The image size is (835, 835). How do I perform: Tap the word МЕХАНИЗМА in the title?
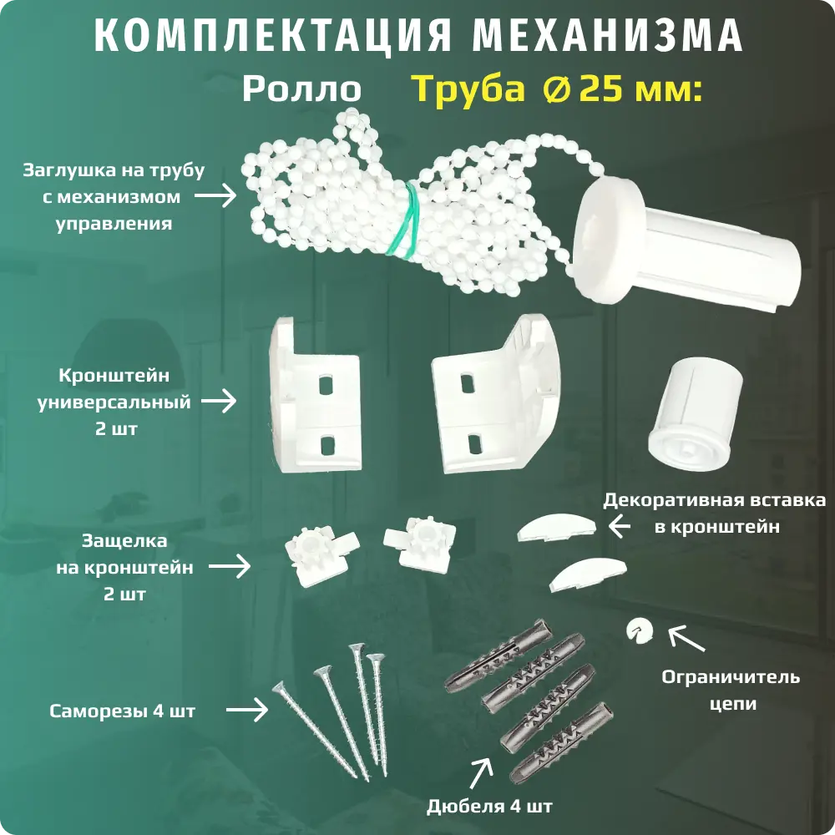pos(608,36)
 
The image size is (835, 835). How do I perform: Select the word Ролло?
pos(302,89)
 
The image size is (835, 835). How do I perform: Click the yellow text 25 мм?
pos(638,89)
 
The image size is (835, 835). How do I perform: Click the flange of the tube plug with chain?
pos(606,239)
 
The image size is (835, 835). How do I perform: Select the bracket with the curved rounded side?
pos(496,393)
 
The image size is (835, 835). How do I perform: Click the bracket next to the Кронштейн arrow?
pos(315,394)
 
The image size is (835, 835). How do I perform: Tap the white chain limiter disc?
pos(640,630)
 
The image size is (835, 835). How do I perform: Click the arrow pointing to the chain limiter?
pos(686,639)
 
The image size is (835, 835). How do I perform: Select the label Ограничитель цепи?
pos(731,691)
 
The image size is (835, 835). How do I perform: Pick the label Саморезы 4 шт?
pos(123,711)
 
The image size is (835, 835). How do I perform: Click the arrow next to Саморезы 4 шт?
pos(247,711)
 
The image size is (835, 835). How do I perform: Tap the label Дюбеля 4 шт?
pos(488,807)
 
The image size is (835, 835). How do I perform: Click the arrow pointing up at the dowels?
pos(480,773)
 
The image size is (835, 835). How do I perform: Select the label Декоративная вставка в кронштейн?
pos(715,514)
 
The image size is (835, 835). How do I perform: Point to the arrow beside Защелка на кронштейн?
pos(230,567)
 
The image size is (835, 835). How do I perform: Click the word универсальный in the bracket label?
pos(114,402)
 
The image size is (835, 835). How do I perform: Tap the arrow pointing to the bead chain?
pos(215,195)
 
